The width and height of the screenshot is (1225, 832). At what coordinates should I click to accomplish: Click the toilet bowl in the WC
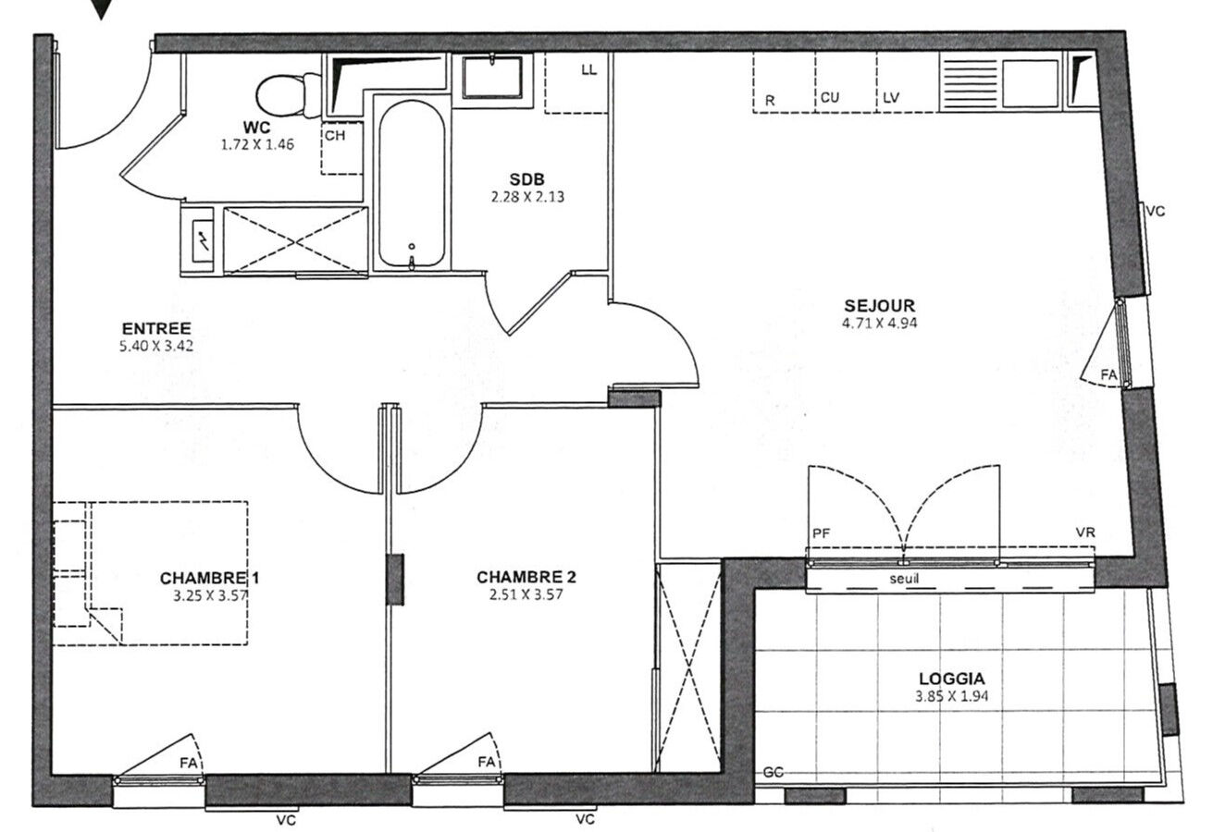[289, 95]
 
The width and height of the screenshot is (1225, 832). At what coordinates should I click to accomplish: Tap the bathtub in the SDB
[411, 185]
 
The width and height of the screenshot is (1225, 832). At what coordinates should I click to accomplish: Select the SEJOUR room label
[879, 305]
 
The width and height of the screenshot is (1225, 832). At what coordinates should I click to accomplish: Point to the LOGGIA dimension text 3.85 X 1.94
[951, 696]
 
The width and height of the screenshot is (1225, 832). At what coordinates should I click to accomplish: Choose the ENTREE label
[156, 328]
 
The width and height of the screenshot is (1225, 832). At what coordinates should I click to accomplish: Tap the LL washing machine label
[589, 70]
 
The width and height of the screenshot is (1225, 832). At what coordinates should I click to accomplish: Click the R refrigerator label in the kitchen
[770, 101]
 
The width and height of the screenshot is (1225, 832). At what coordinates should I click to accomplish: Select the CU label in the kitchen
[830, 98]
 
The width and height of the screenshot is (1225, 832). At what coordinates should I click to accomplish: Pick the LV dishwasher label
[891, 98]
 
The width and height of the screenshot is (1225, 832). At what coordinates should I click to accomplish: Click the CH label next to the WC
[335, 135]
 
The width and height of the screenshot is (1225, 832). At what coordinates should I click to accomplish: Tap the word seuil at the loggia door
[904, 579]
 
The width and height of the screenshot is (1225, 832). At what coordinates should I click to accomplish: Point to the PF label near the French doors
[822, 533]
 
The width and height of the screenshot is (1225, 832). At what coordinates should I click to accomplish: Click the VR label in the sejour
[1085, 532]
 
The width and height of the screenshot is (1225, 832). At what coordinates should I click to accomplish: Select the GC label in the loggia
[773, 772]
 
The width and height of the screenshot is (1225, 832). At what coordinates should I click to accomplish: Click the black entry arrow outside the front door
[101, 8]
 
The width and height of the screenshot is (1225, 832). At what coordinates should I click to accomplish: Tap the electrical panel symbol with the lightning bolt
[203, 241]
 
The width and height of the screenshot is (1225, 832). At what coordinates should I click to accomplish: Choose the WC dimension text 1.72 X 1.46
[257, 144]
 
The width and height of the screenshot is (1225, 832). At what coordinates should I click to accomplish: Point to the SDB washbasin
[492, 77]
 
